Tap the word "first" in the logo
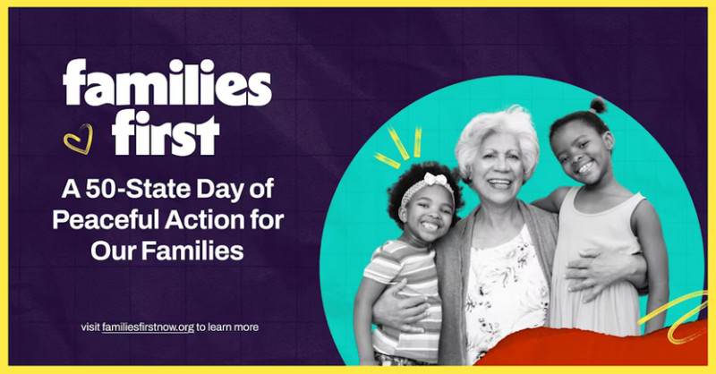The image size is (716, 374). click(166, 134)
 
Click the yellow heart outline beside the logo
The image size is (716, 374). click(78, 139)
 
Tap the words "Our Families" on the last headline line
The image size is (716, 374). click(166, 251)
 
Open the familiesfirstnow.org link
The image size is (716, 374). click(148, 327)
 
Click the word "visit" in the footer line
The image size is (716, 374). click(89, 327)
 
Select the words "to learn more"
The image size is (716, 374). click(227, 327)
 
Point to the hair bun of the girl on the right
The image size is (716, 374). click(597, 106)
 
